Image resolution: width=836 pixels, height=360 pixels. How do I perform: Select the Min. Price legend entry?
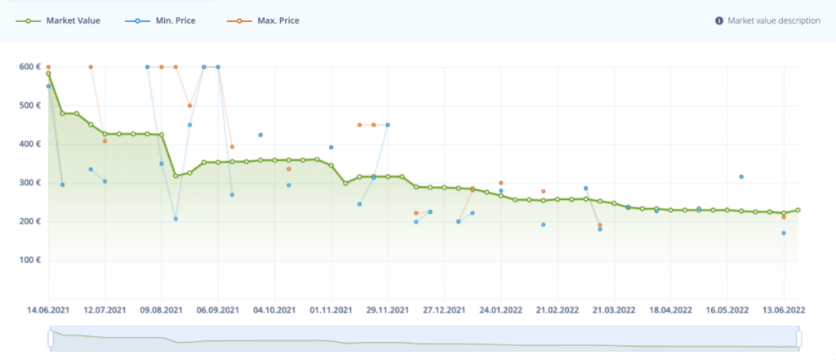pyautogui.click(x=175, y=20)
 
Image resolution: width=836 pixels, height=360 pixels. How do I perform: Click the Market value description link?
pyautogui.click(x=773, y=20)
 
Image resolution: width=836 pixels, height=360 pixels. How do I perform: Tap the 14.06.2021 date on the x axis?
pyautogui.click(x=48, y=310)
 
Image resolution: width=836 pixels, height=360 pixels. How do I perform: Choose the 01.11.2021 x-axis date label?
pyautogui.click(x=331, y=310)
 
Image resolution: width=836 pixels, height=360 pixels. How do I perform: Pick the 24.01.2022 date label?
pyautogui.click(x=500, y=310)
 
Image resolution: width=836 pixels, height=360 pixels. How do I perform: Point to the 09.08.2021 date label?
pyautogui.click(x=161, y=310)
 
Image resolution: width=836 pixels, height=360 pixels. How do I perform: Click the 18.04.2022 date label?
pyautogui.click(x=670, y=310)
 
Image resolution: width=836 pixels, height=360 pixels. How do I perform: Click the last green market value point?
pyautogui.click(x=798, y=210)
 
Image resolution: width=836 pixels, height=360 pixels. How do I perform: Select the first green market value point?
pyautogui.click(x=48, y=73)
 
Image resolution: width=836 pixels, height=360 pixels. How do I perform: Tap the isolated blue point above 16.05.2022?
pyautogui.click(x=741, y=176)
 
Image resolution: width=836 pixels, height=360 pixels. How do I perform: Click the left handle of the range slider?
pyautogui.click(x=50, y=337)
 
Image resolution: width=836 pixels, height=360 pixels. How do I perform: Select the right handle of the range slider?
pyautogui.click(x=798, y=337)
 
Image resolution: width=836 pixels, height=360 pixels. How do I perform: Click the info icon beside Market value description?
pyautogui.click(x=718, y=20)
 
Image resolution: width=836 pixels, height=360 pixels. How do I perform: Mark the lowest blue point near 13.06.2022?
pyautogui.click(x=784, y=233)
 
